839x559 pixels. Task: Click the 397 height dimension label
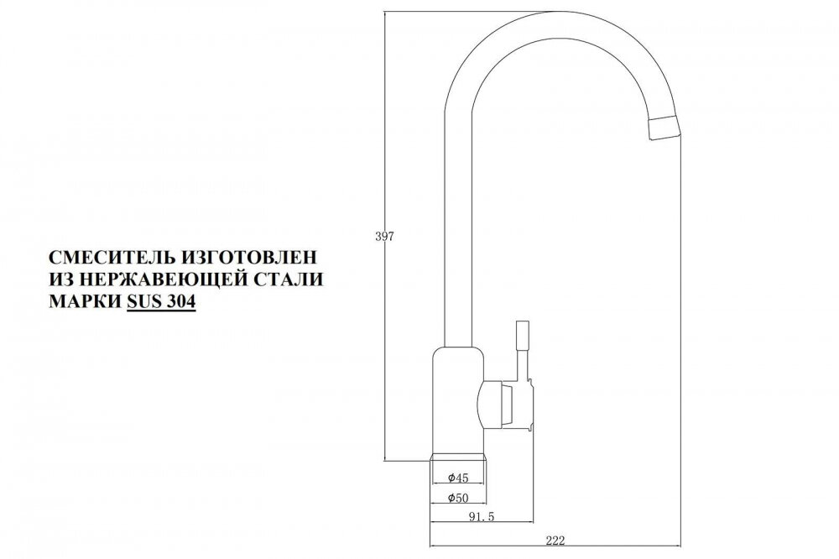[385, 236]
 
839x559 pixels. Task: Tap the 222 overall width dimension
[555, 541]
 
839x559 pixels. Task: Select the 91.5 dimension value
[482, 516]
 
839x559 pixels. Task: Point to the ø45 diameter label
[458, 477]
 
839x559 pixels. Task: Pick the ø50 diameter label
[458, 498]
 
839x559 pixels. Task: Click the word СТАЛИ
[284, 279]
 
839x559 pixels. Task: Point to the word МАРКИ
[85, 302]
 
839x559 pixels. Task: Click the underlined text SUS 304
[161, 302]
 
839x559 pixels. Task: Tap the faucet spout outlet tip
[664, 128]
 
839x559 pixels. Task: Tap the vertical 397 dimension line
[385, 235]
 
